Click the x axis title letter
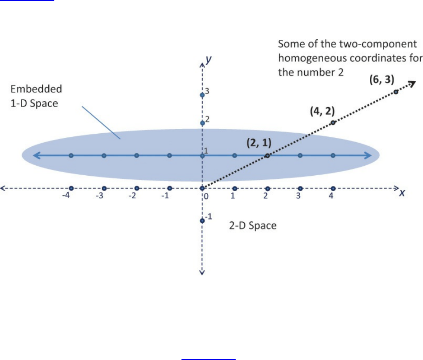coord(401,193)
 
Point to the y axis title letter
coord(209,59)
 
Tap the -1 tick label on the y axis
coord(208,217)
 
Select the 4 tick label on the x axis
coord(331,196)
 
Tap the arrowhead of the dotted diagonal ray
coord(411,83)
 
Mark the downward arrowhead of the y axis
coord(202,272)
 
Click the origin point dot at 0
coord(202,188)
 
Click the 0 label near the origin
coord(206,196)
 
